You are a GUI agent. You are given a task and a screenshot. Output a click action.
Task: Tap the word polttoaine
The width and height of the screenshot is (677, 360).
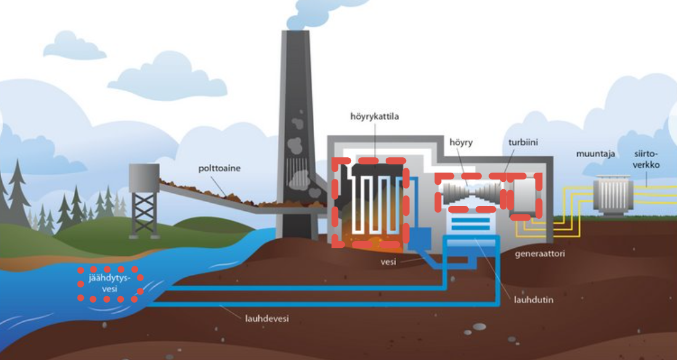point(220,168)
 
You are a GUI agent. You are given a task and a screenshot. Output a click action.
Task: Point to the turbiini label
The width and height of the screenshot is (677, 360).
point(523,143)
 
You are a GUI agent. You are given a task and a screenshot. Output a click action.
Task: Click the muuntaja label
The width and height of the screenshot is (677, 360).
point(596,154)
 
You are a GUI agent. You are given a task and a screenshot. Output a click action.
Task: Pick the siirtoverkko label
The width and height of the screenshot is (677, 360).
point(647,160)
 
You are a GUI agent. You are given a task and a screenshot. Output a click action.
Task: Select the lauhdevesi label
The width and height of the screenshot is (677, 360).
point(264,319)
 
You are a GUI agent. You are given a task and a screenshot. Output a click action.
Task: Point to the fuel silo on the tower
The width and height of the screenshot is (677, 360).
point(144,178)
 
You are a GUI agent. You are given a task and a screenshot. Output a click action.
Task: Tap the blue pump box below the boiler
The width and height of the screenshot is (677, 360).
point(421,239)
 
